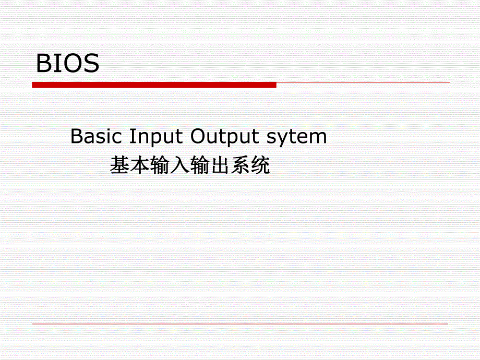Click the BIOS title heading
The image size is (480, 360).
tap(67, 64)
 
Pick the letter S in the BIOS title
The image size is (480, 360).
tap(90, 64)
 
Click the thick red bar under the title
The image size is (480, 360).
tap(154, 85)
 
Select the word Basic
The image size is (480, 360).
tap(95, 137)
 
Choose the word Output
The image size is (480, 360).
tap(224, 137)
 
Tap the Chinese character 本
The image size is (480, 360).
tap(140, 166)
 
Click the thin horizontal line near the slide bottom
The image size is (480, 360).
tap(240, 324)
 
